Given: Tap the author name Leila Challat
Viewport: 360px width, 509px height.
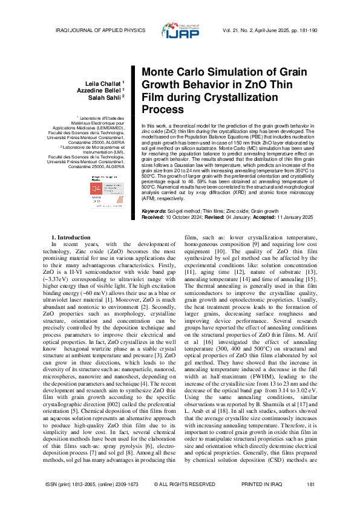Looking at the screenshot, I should coord(106,82).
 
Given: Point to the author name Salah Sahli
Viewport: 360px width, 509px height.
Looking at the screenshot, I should coord(108,96).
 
